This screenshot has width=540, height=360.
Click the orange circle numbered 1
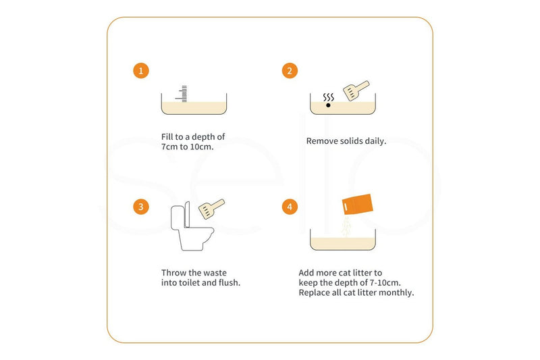pyautogui.click(x=141, y=71)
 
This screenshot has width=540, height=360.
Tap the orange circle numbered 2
pyautogui.click(x=290, y=71)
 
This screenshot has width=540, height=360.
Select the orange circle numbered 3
pyautogui.click(x=141, y=207)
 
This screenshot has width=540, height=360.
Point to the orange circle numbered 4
pyautogui.click(x=290, y=207)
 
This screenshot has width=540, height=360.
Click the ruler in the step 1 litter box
pyautogui.click(x=182, y=94)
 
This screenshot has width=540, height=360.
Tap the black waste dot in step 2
pyautogui.click(x=328, y=105)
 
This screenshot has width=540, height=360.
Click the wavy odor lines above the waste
pyautogui.click(x=329, y=97)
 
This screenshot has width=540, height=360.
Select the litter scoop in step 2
pyautogui.click(x=356, y=91)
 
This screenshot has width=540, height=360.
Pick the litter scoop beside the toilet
pyautogui.click(x=211, y=209)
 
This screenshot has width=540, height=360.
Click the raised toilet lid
pyautogui.click(x=187, y=215)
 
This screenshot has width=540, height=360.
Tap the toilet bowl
pyautogui.click(x=196, y=238)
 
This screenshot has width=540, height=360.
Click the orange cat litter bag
pyautogui.click(x=358, y=204)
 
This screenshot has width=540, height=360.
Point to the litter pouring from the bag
pyautogui.click(x=346, y=226)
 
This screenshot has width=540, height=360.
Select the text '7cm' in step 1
pyautogui.click(x=169, y=147)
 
